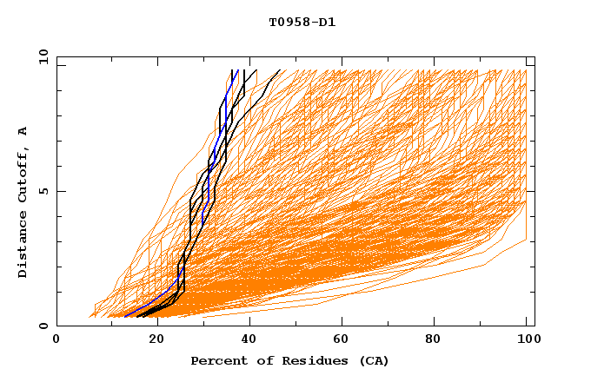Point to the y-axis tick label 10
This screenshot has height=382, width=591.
coord(42,56)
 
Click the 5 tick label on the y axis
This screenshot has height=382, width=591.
coord(45,191)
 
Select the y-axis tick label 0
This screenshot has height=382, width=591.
coord(45,326)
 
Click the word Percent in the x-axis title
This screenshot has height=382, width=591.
coord(218,360)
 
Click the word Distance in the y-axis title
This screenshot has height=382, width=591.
coord(23,244)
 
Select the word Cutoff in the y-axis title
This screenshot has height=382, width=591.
coord(23,174)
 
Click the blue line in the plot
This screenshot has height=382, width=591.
coord(219,130)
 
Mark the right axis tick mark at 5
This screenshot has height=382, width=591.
coord(530,191)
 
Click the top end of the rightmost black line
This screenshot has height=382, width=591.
coord(279,70)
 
